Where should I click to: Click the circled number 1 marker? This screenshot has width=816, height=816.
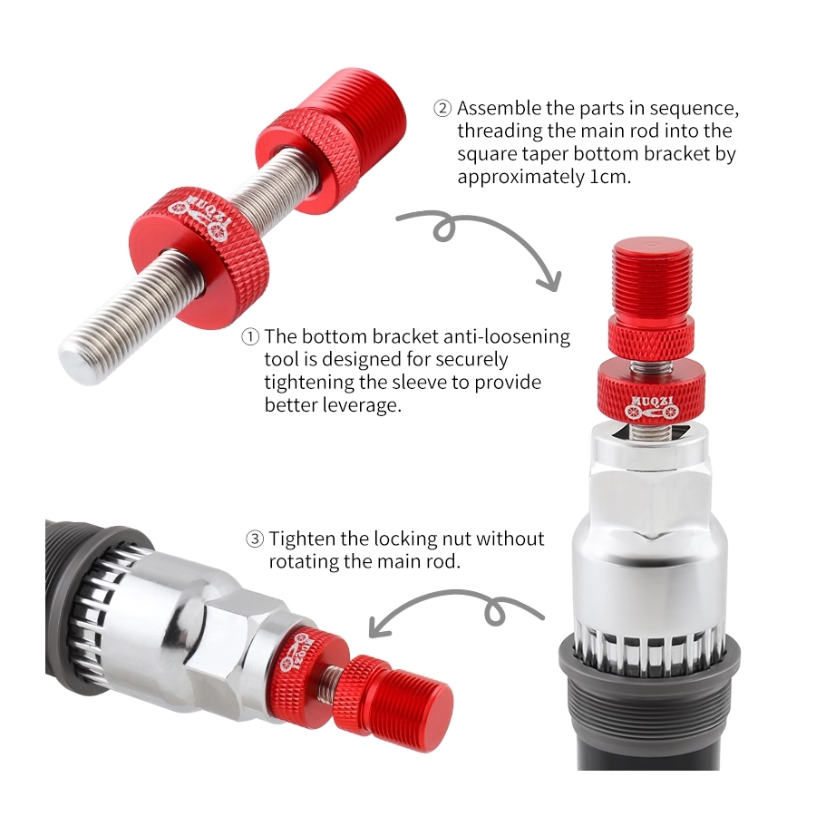[250, 336]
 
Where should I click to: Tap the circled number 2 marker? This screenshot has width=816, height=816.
[442, 108]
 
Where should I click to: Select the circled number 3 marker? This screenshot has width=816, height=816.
[255, 539]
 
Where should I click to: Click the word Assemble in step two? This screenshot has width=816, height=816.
[500, 108]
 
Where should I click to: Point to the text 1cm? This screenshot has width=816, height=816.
[610, 178]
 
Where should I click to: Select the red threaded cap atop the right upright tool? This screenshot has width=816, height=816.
[652, 280]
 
